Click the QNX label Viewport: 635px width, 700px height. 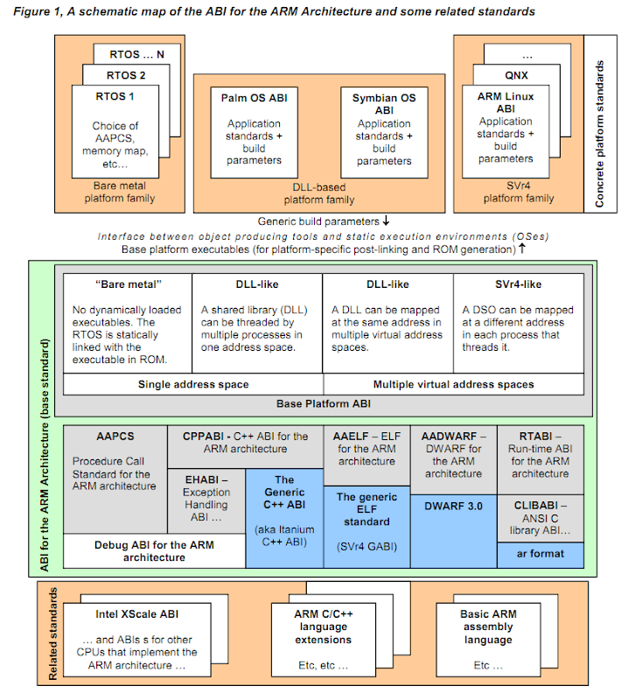click(x=517, y=75)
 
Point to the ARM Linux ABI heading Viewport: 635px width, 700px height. click(x=506, y=102)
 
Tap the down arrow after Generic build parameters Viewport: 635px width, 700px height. click(x=385, y=221)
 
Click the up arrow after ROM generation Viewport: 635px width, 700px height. click(x=522, y=249)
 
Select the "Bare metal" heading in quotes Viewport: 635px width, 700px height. click(x=123, y=284)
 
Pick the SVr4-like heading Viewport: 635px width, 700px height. click(x=518, y=284)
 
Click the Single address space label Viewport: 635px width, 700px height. click(x=193, y=384)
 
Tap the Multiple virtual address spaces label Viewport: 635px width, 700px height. click(x=453, y=384)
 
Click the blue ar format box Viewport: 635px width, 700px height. click(x=540, y=554)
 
